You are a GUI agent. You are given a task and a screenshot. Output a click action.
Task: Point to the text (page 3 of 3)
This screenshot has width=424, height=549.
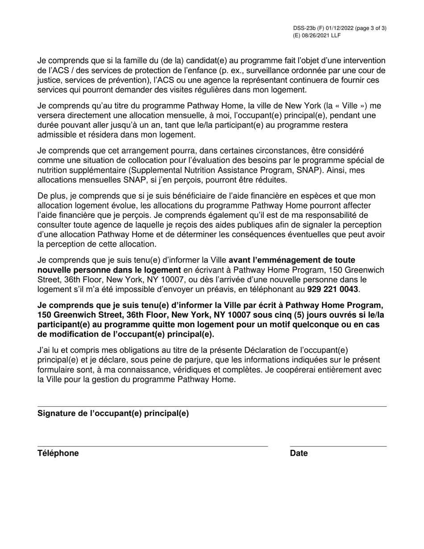click(370, 28)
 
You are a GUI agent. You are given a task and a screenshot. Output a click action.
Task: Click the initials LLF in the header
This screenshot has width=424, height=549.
click(336, 35)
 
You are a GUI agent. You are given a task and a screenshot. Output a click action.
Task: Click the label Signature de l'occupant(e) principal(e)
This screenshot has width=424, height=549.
click(113, 413)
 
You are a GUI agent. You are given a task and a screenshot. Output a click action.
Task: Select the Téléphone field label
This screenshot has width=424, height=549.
click(58, 453)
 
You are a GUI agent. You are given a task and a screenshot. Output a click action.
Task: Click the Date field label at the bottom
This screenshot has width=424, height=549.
click(299, 453)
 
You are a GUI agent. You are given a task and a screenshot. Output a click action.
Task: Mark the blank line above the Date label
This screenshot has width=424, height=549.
click(338, 446)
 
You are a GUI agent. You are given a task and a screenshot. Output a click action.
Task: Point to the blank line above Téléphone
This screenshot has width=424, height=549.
click(152, 446)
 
